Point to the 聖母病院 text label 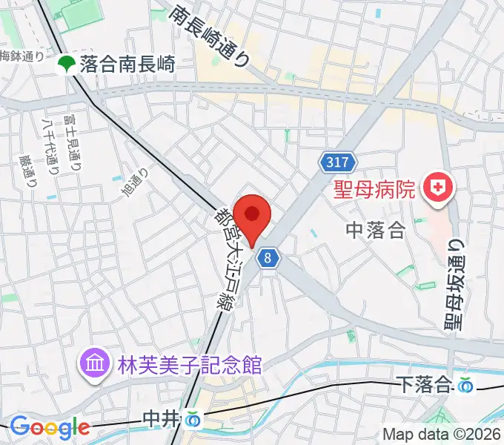click(373, 191)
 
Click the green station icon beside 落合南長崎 click(67, 65)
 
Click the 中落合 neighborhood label click(375, 231)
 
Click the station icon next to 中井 click(193, 420)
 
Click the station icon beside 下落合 click(465, 385)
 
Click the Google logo click(50, 427)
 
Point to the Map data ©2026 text click(442, 435)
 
